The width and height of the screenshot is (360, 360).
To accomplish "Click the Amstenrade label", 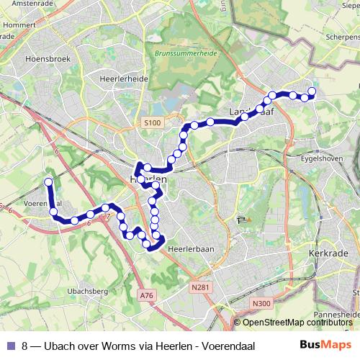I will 23,4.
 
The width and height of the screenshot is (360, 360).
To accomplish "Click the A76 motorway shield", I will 147,295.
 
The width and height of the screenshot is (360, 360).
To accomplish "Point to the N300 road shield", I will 262,304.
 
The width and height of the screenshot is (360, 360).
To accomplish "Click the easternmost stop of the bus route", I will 312,91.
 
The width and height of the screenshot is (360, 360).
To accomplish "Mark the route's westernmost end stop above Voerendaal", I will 48,181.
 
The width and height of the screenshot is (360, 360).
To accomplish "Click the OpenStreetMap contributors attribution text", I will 298,323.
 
